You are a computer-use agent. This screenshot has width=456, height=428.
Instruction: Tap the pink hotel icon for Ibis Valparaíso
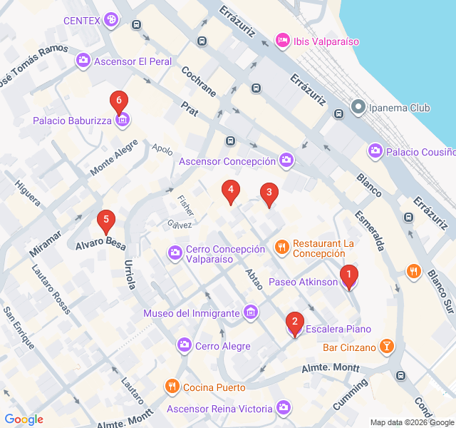(x=282, y=40)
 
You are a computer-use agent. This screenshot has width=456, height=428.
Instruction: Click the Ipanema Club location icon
(x=358, y=108)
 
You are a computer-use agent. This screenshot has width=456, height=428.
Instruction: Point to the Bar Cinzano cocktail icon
(x=386, y=347)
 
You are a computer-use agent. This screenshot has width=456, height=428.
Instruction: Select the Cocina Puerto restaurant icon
(x=172, y=387)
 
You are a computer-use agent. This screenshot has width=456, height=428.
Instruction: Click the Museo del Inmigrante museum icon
(x=250, y=312)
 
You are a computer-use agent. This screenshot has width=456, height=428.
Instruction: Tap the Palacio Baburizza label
(x=72, y=121)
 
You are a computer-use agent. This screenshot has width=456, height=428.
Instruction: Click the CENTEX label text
(x=81, y=20)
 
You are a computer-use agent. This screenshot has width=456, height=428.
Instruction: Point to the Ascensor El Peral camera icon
(x=83, y=61)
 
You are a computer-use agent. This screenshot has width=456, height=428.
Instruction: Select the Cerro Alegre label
(x=222, y=346)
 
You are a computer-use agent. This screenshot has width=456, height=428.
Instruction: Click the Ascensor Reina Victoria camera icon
(x=284, y=408)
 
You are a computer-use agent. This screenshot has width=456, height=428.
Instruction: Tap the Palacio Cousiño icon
(x=375, y=151)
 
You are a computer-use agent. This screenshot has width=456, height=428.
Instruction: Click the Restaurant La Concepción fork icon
(x=282, y=248)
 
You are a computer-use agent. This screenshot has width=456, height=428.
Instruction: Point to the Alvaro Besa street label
(x=101, y=243)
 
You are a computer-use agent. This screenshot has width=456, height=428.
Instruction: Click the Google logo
(x=24, y=419)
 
